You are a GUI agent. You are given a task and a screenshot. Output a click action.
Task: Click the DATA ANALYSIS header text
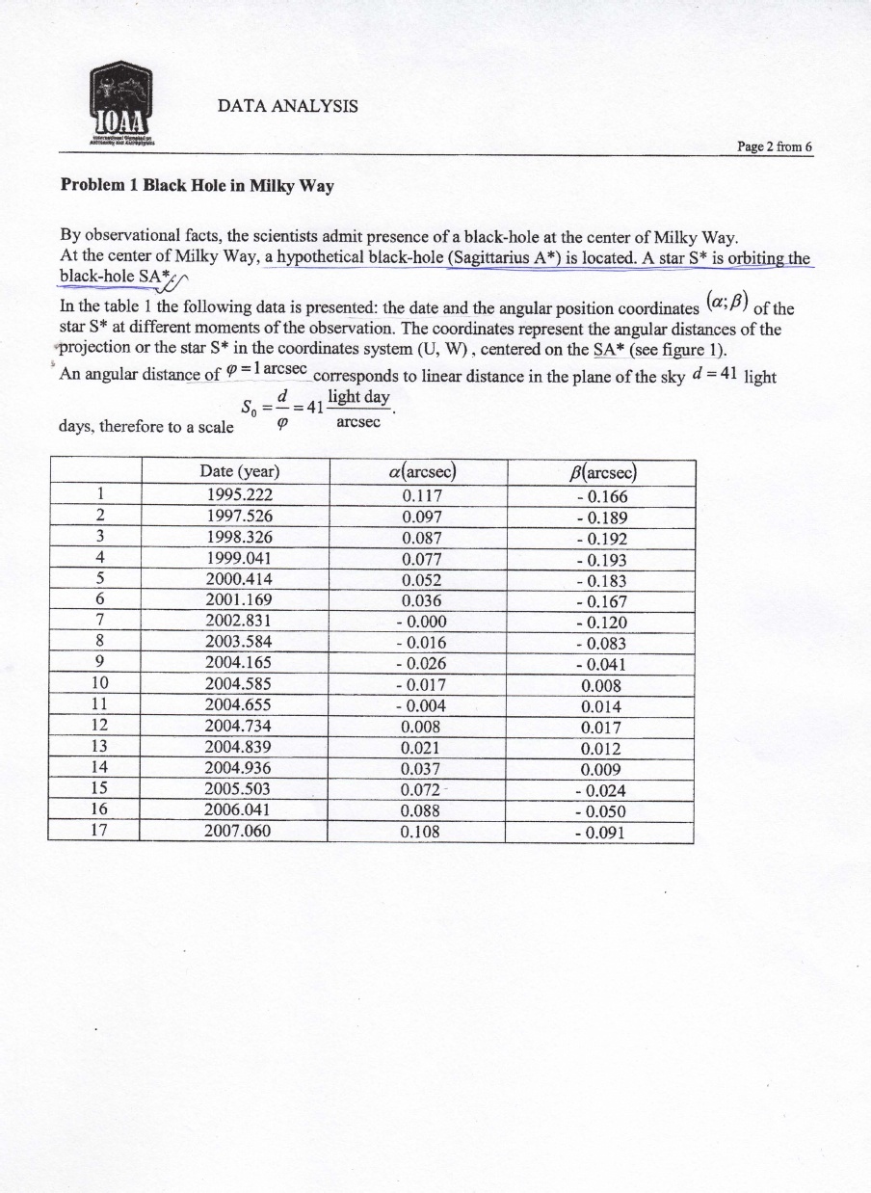coord(288,105)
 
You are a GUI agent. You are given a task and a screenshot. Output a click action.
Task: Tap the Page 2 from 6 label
coord(775,146)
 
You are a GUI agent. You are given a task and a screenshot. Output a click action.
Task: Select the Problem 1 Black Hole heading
coord(198,185)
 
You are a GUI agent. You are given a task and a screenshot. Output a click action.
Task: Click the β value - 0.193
coord(599,560)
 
